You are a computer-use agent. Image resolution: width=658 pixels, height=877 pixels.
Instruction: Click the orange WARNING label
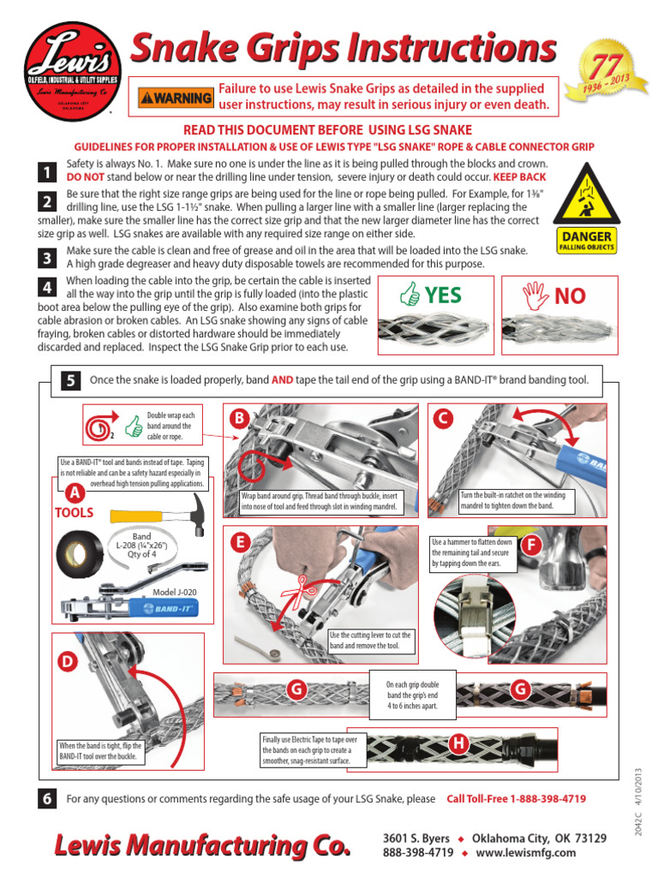pos(176,98)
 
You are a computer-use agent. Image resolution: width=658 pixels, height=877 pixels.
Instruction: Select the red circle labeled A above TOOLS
pos(75,493)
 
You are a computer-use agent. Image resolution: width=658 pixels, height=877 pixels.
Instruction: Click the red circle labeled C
pos(443,418)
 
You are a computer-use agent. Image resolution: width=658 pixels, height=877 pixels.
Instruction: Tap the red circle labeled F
pos(532,546)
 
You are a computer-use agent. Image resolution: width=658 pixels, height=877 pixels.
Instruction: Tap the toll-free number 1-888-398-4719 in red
pos(517,799)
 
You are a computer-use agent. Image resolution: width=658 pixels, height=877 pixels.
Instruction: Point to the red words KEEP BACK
pos(519,176)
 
